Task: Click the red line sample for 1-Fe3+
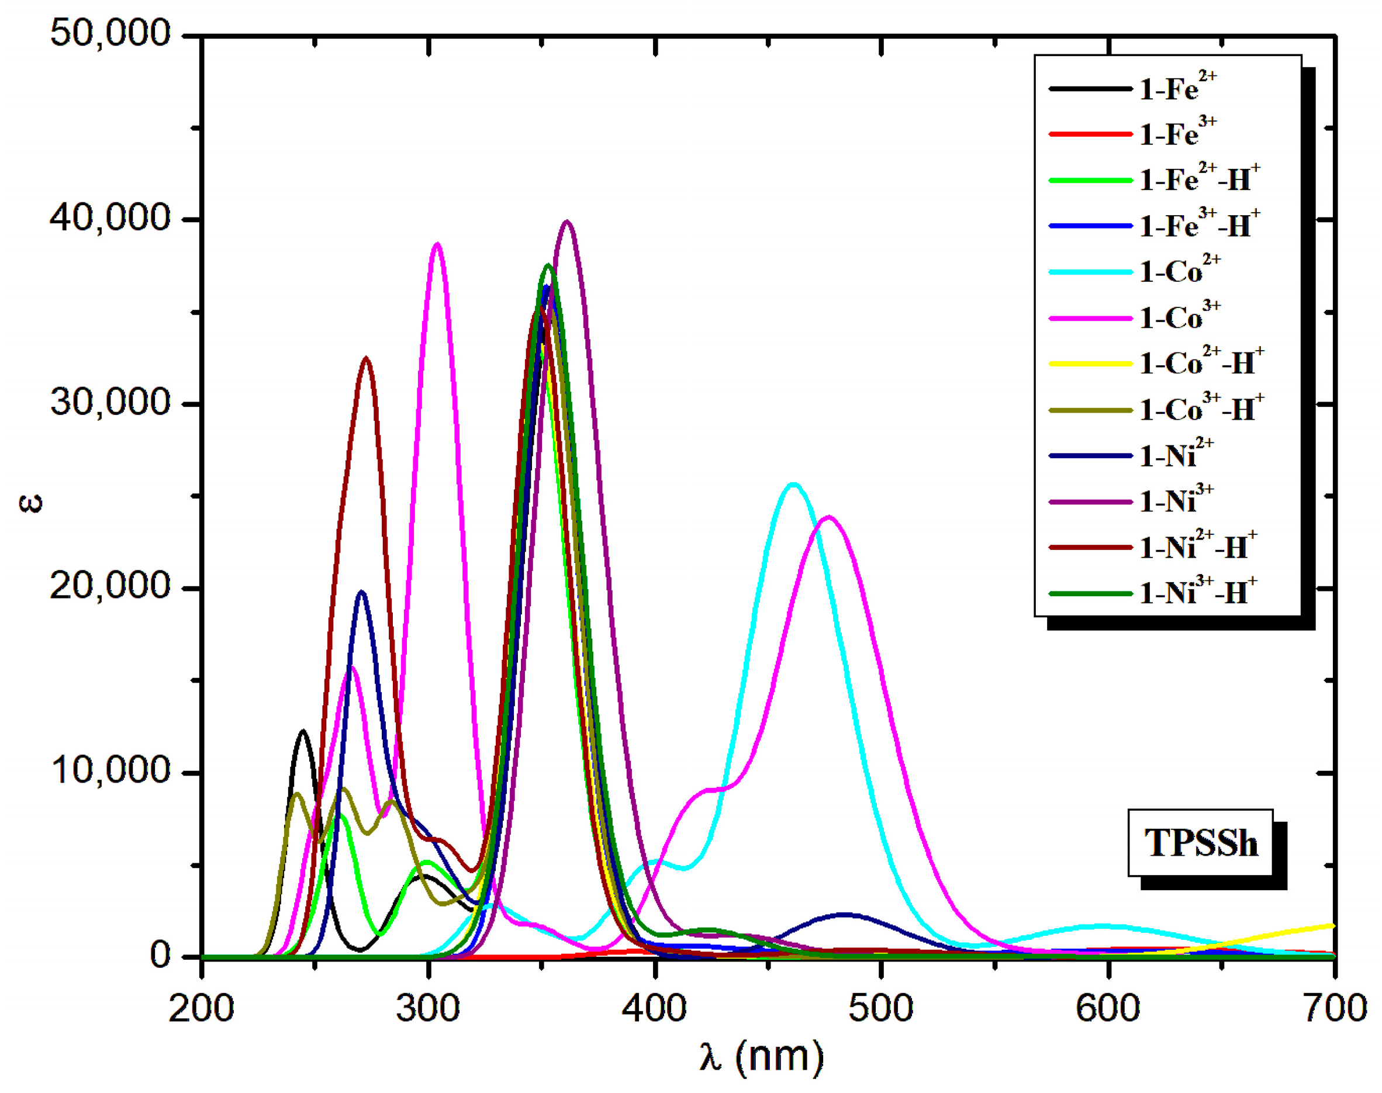pyautogui.click(x=1090, y=134)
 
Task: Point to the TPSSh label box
pyautogui.click(x=1200, y=843)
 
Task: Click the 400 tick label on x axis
pyautogui.click(x=654, y=1008)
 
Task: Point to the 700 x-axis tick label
pyautogui.click(x=1334, y=1008)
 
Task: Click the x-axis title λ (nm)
pyautogui.click(x=761, y=1056)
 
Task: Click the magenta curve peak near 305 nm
pyautogui.click(x=437, y=244)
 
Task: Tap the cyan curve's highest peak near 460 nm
pyautogui.click(x=793, y=485)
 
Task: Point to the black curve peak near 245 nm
pyautogui.click(x=303, y=731)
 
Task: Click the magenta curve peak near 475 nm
pyautogui.click(x=829, y=517)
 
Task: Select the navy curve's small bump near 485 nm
pyautogui.click(x=845, y=915)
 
